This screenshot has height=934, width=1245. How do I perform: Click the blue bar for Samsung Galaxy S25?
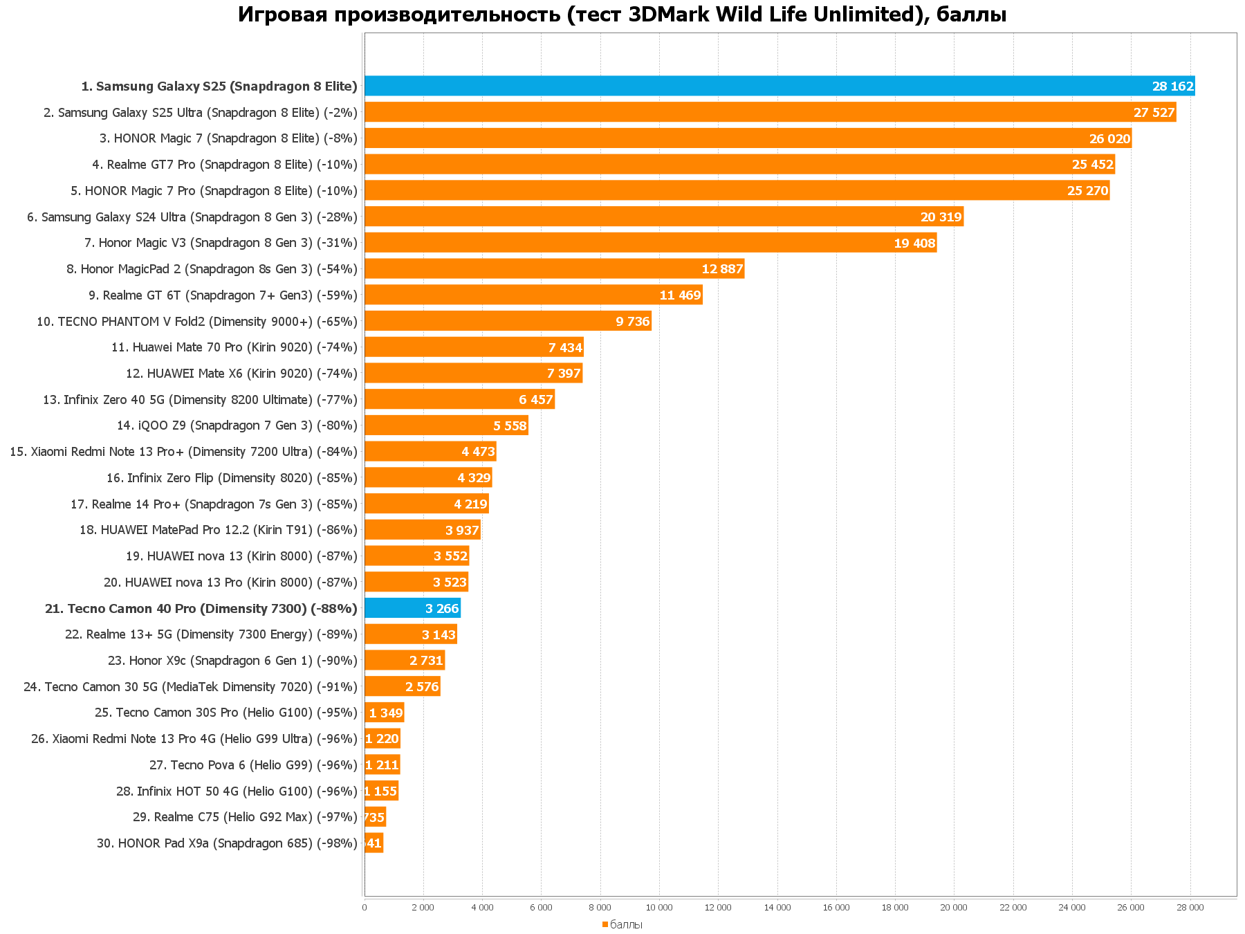coord(780,86)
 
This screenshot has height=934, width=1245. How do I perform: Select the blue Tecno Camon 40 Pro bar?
coord(412,608)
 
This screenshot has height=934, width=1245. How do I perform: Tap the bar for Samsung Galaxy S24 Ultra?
coord(663,217)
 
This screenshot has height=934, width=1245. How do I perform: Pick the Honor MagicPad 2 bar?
coord(554,268)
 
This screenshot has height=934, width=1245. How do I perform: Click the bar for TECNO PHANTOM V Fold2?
coord(508,321)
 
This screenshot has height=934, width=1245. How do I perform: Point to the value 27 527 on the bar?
coord(1154,113)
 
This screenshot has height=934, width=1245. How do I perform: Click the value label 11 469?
coord(680,295)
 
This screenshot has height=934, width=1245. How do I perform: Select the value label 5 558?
coord(510,426)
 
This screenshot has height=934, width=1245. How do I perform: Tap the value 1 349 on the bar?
coord(386,713)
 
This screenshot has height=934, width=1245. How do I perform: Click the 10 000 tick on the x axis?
coord(659,908)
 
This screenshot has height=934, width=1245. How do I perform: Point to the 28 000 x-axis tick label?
coord(1190,908)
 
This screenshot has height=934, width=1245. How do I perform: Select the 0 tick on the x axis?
coord(365,908)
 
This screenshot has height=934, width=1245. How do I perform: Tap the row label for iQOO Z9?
coord(237,425)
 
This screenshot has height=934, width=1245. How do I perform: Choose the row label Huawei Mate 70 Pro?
coord(234,347)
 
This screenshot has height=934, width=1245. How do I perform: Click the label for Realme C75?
coord(245,817)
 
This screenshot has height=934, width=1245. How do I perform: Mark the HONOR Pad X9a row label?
coord(227,843)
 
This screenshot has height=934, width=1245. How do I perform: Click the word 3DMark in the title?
coord(668,14)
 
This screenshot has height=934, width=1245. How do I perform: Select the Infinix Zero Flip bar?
coord(428,477)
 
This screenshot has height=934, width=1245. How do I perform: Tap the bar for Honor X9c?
coord(405,661)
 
